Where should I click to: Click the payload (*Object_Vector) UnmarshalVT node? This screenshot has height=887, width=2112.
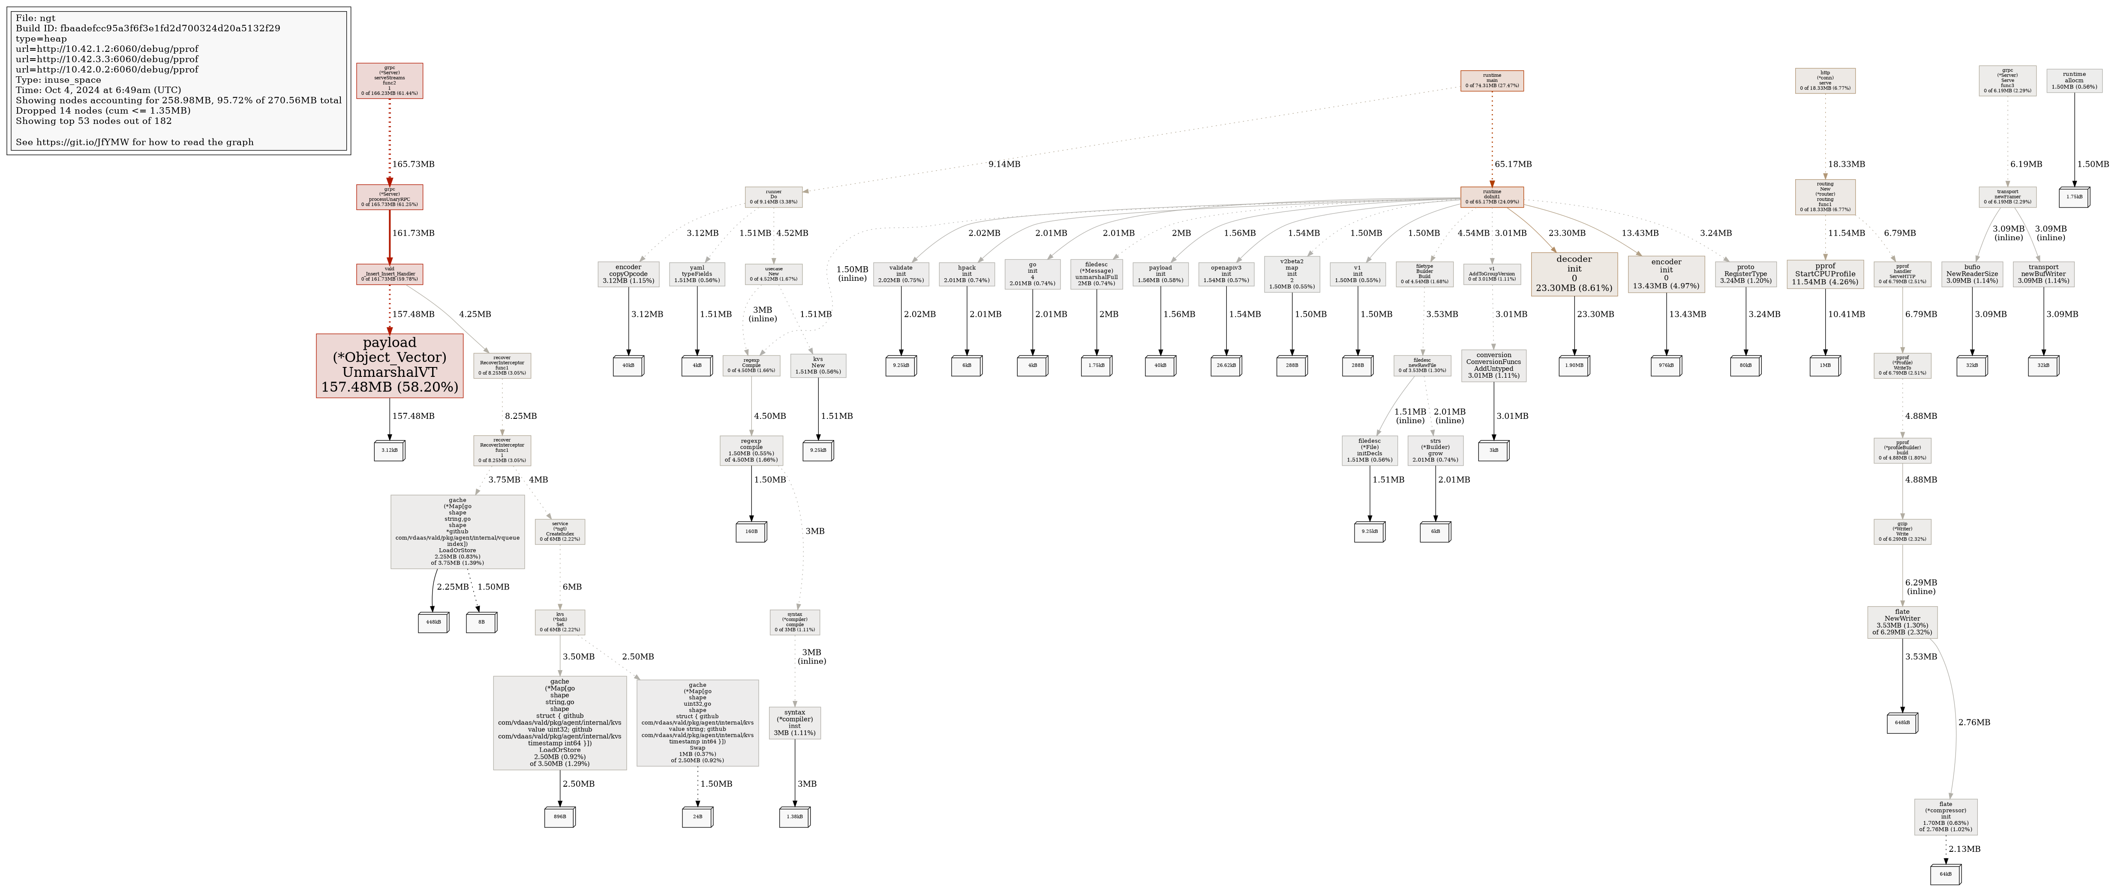point(390,366)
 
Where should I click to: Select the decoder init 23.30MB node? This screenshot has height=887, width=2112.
point(1574,274)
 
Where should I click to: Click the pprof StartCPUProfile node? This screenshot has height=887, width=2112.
point(1825,274)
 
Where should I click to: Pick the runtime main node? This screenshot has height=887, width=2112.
point(1491,80)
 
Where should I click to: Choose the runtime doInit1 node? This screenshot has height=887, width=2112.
point(1491,197)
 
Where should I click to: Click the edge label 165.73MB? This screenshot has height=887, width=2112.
point(413,164)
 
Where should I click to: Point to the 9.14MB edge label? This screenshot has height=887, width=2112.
point(1003,164)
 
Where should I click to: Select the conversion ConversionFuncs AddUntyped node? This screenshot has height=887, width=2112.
point(1493,366)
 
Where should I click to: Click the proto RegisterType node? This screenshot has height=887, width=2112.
point(1745,274)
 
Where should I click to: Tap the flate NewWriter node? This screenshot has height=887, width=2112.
point(1902,622)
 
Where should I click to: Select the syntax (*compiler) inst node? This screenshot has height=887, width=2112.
point(794,723)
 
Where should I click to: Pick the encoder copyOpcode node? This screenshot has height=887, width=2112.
point(628,274)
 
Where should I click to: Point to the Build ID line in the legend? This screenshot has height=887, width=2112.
point(147,28)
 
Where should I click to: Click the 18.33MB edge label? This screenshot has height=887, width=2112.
point(1846,164)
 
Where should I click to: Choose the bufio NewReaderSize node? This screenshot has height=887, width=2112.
point(1972,274)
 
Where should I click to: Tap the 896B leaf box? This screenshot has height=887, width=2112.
point(559,817)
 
